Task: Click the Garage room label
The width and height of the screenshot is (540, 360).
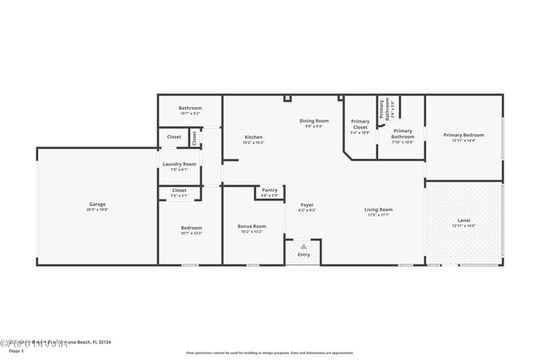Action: [98, 204]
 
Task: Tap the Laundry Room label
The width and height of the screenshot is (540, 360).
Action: [179, 164]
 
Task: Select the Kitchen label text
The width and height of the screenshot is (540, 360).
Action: [253, 137]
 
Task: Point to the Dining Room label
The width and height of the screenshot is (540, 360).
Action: [314, 121]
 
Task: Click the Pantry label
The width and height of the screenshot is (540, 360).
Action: [269, 190]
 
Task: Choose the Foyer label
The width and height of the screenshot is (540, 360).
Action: [307, 205]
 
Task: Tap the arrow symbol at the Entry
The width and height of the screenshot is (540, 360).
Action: [303, 247]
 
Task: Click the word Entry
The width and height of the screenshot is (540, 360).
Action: [303, 254]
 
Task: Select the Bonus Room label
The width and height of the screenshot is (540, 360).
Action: [251, 226]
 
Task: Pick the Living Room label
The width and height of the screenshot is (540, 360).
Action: [378, 210]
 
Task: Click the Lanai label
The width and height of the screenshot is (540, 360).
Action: [464, 220]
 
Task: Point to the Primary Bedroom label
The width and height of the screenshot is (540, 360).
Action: [464, 135]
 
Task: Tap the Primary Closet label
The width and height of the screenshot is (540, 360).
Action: [360, 125]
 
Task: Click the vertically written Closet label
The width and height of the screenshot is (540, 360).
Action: [194, 136]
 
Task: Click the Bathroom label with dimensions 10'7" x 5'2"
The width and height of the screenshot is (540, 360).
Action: [190, 109]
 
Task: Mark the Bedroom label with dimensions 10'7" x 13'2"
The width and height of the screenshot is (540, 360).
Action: [191, 228]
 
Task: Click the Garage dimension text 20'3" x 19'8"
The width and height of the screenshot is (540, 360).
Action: [98, 210]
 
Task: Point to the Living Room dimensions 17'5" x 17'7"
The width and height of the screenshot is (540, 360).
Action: [378, 215]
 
